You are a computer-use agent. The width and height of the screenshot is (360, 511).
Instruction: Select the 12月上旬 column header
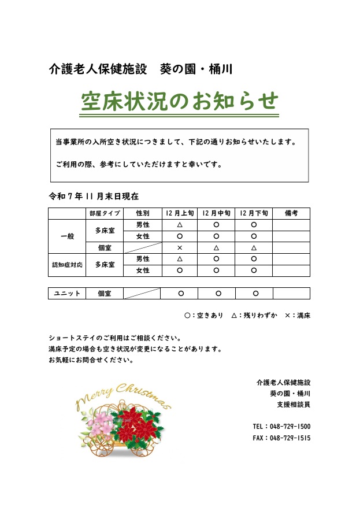click(x=179, y=213)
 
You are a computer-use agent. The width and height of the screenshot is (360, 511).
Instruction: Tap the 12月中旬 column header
click(x=216, y=213)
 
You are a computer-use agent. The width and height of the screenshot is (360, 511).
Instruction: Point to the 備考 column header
click(x=291, y=213)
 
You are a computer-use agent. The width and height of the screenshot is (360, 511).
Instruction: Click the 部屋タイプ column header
click(x=105, y=213)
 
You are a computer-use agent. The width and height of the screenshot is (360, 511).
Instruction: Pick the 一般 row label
click(x=67, y=236)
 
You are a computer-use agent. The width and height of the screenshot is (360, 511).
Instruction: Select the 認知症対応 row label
click(x=67, y=265)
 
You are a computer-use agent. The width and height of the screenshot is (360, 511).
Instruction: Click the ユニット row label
click(x=67, y=294)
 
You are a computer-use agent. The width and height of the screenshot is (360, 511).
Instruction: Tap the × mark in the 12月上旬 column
click(x=179, y=247)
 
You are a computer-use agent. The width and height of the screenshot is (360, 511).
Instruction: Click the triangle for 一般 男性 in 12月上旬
click(x=179, y=225)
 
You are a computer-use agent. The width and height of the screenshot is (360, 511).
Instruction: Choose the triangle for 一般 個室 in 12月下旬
click(x=254, y=247)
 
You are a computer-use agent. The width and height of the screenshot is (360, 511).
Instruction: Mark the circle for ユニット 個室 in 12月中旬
click(x=218, y=294)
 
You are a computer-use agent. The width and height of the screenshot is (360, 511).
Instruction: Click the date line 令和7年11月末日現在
click(x=94, y=197)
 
